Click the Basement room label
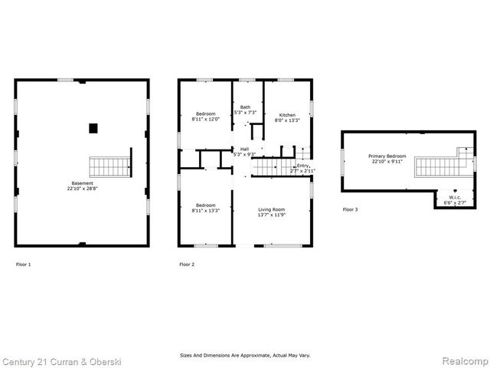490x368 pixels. tap(82, 183)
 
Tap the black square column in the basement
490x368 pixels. tap(93, 128)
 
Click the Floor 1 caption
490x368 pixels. tap(24, 264)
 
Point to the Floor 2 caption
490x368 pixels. tap(187, 264)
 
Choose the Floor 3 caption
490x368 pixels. tap(350, 209)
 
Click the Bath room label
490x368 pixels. tap(245, 107)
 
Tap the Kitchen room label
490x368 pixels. tap(287, 115)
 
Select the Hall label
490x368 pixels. tap(244, 149)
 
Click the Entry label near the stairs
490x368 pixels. tap(303, 166)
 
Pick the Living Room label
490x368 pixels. tap(271, 209)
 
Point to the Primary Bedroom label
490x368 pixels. tap(387, 155)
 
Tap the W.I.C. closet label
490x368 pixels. tap(455, 197)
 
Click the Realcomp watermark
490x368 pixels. tap(459, 360)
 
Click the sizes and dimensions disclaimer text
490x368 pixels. tap(245, 355)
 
